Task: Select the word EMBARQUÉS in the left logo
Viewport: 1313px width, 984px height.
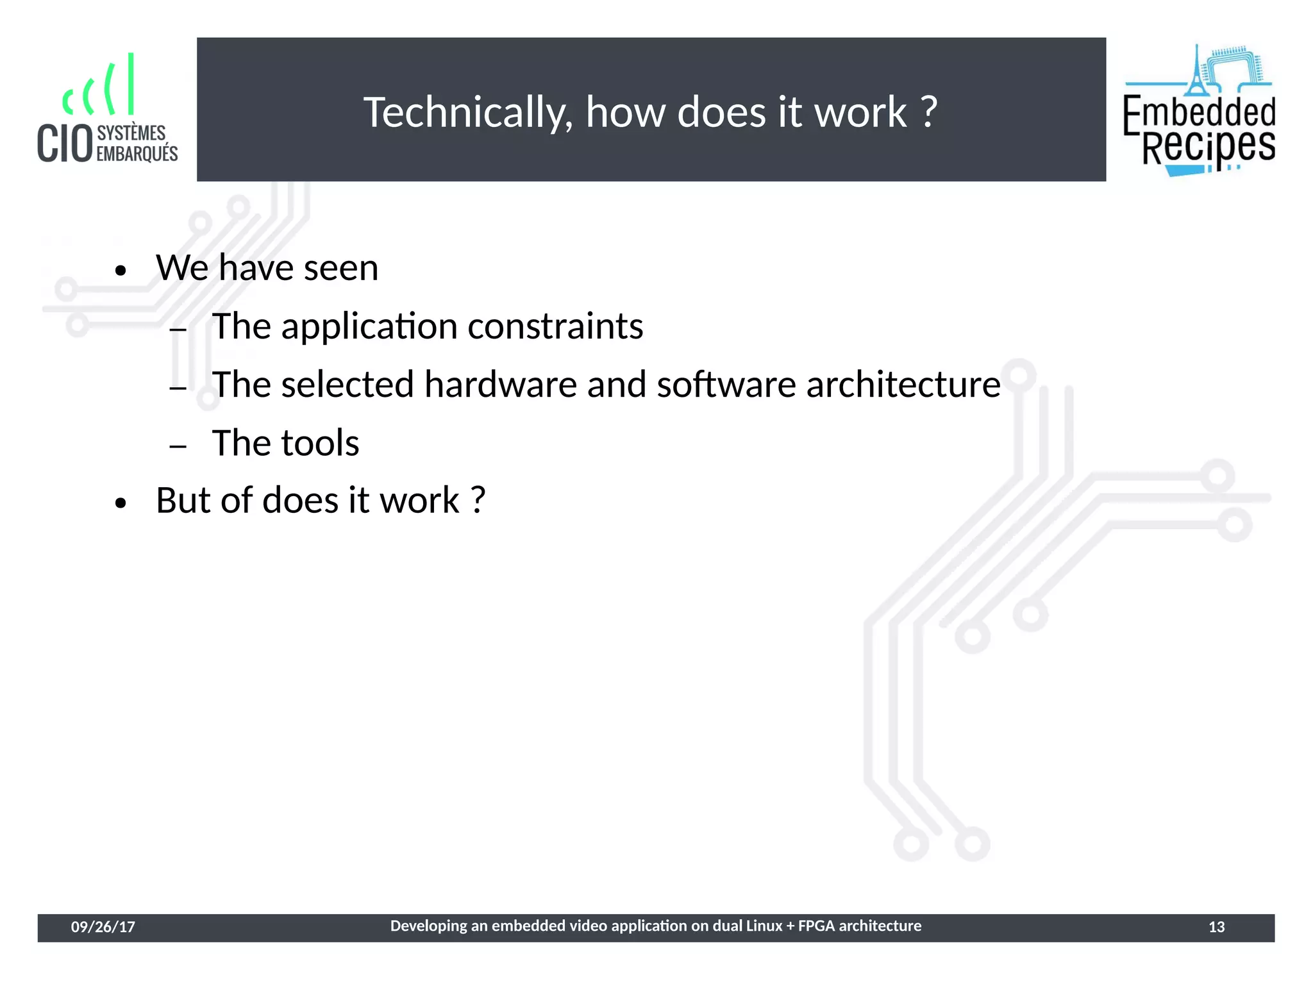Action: pyautogui.click(x=137, y=154)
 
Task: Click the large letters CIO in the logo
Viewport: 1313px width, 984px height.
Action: pyautogui.click(x=65, y=144)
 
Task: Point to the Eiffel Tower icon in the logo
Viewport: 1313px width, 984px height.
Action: pyautogui.click(x=1196, y=71)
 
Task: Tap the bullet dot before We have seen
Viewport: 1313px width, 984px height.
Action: pyautogui.click(x=121, y=271)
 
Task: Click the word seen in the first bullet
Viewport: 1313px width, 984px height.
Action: pyautogui.click(x=340, y=268)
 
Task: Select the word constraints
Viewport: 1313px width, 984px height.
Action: pyautogui.click(x=555, y=326)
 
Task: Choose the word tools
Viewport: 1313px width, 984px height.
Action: pyautogui.click(x=321, y=443)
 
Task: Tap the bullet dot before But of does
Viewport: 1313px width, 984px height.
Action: pyautogui.click(x=121, y=503)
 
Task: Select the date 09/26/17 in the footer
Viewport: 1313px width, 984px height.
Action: pyautogui.click(x=103, y=927)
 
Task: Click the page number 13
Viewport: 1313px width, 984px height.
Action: pyautogui.click(x=1216, y=927)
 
